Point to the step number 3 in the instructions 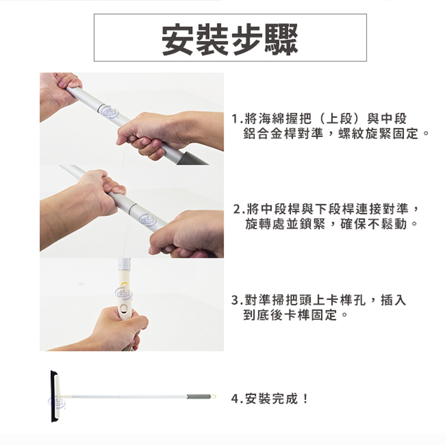click(235, 300)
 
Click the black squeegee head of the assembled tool click(54, 396)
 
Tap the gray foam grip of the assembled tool click(198, 396)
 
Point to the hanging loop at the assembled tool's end click(213, 396)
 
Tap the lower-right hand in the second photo click(189, 234)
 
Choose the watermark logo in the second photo click(147, 220)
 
